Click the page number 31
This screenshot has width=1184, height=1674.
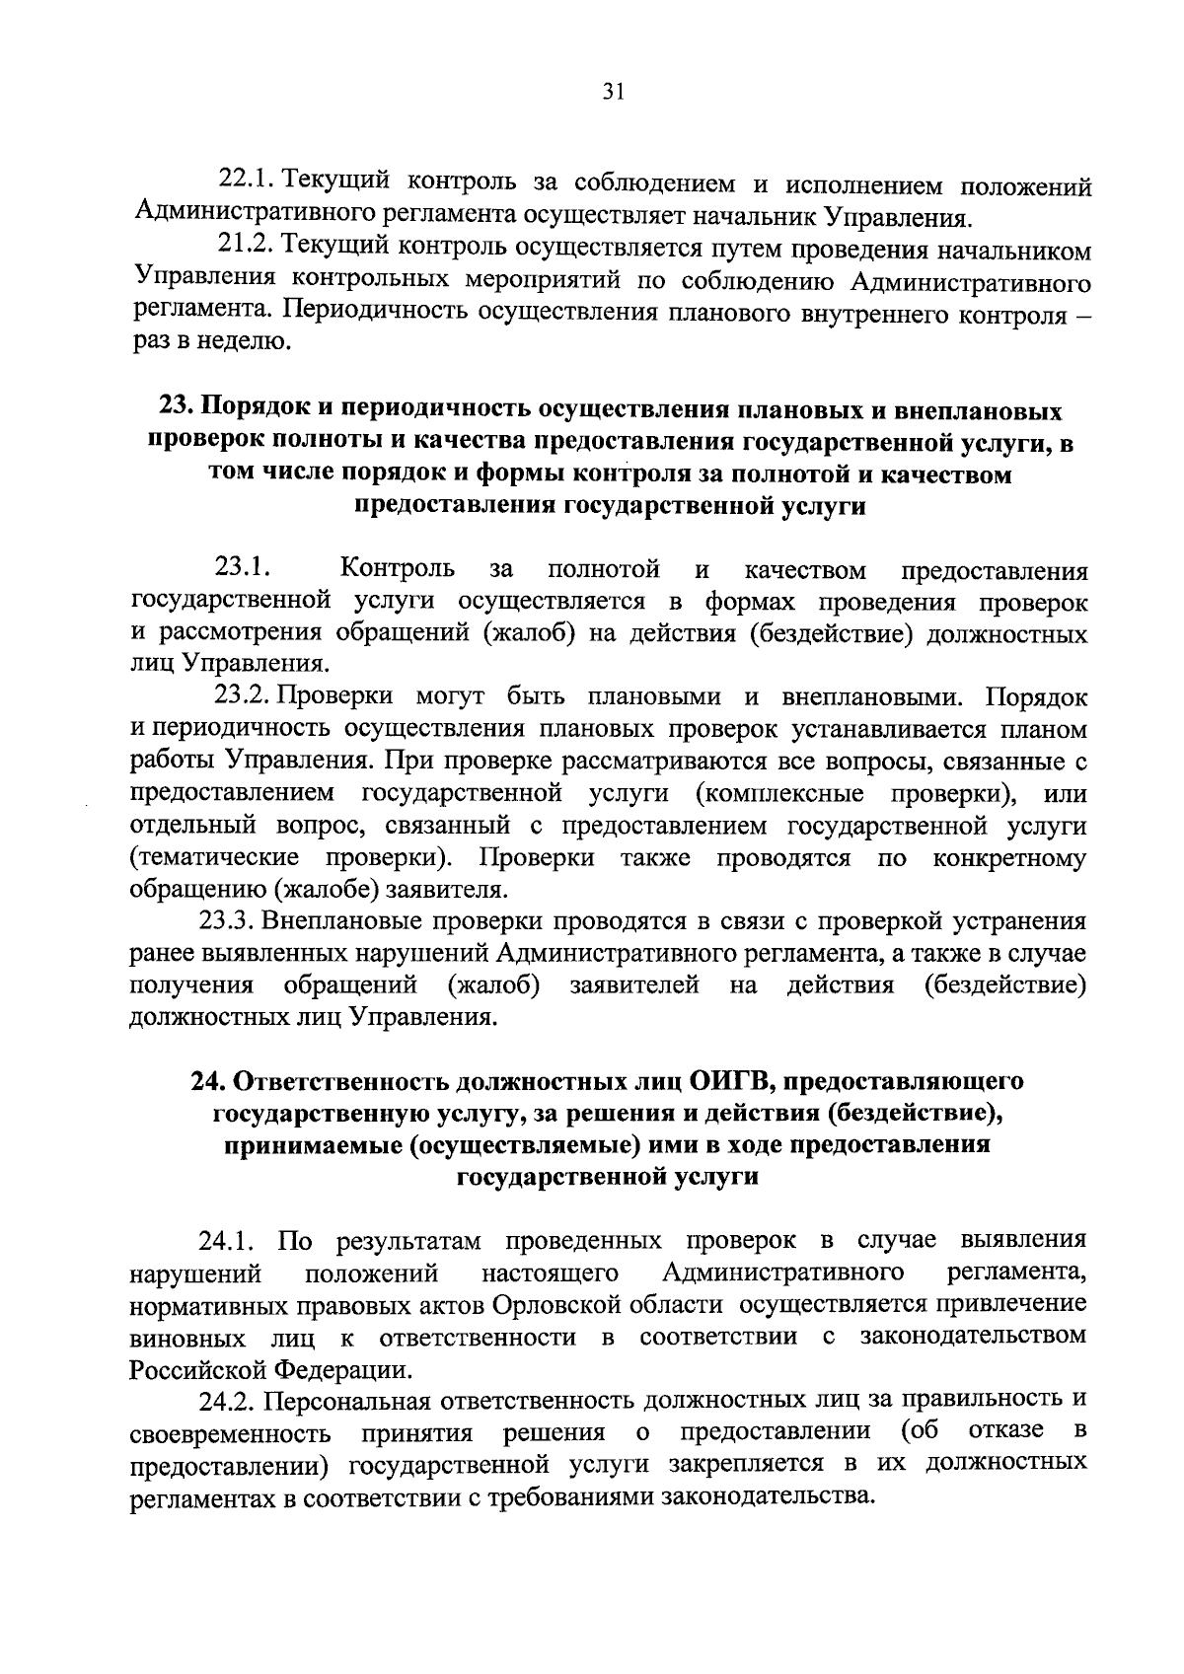coord(613,92)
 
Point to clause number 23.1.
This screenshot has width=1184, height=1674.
coord(243,568)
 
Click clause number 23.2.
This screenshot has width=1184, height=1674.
coord(243,696)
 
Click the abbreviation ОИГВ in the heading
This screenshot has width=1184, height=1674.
coord(724,1081)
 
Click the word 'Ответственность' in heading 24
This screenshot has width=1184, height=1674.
coord(341,1081)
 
